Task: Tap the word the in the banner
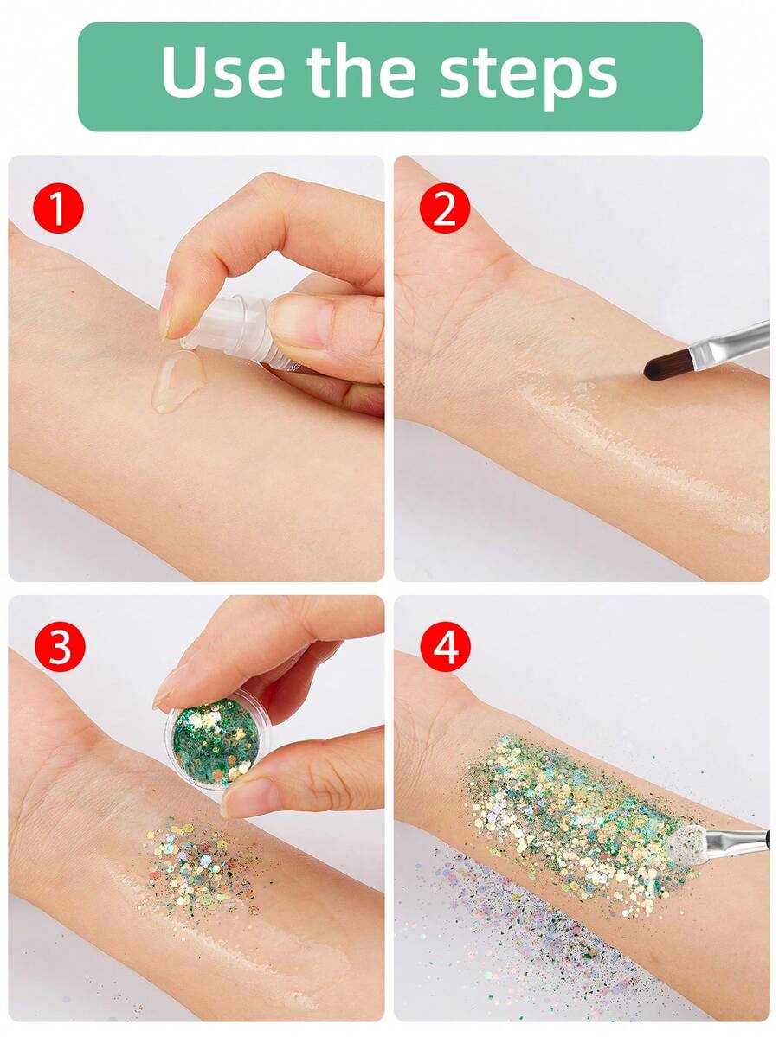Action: click(363, 73)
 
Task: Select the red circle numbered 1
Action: click(58, 210)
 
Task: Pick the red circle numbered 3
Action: click(58, 649)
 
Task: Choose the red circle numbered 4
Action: click(444, 649)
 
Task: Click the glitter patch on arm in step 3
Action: click(199, 861)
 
